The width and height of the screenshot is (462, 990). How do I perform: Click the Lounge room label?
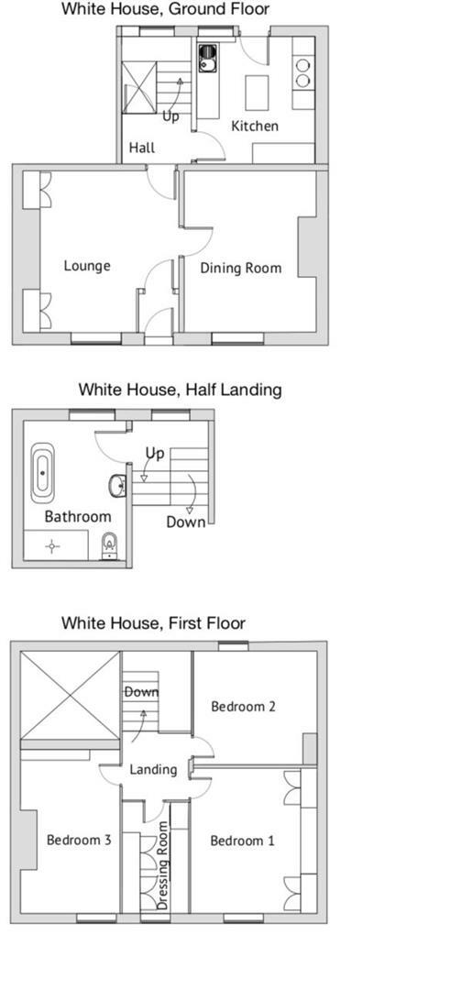[x=87, y=266]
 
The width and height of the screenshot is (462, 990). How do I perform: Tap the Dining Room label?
[x=241, y=269]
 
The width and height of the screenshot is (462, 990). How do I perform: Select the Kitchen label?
[x=254, y=126]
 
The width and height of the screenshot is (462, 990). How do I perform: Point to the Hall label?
[x=142, y=148]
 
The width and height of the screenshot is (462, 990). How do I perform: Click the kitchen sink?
[x=206, y=60]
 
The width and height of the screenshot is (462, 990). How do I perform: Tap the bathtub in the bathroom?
[x=43, y=472]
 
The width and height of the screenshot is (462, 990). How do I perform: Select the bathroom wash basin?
[x=117, y=485]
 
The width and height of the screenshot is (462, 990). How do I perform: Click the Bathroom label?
[x=78, y=517]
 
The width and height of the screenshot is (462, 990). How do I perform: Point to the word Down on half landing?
[x=186, y=522]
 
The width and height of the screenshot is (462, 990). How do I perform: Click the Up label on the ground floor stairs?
[x=170, y=116]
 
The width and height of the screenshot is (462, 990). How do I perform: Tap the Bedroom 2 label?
[x=243, y=706]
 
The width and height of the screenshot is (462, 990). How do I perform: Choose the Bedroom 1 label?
[x=242, y=841]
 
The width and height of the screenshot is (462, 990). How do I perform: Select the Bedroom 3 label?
[x=79, y=839]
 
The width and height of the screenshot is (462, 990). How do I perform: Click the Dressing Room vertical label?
[x=163, y=865]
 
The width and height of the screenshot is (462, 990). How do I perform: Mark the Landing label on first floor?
[x=152, y=769]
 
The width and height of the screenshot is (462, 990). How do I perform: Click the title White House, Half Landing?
[x=180, y=390]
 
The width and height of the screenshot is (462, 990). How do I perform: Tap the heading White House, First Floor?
[x=153, y=623]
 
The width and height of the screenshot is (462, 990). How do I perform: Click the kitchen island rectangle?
[x=257, y=93]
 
